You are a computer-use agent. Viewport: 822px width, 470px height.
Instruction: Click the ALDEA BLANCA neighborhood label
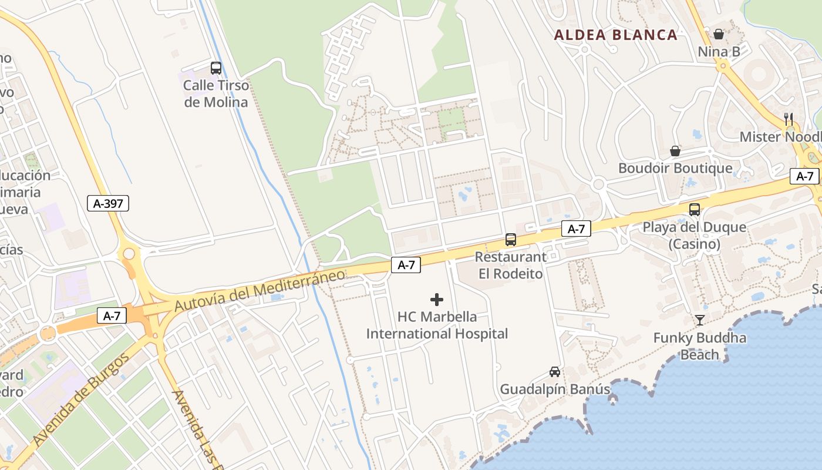616,35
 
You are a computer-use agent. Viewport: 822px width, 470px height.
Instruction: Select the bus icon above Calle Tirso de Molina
216,68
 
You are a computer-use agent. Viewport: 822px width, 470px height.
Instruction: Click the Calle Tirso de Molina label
216,93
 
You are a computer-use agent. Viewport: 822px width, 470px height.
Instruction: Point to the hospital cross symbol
437,300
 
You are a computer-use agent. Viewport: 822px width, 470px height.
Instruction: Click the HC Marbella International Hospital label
437,325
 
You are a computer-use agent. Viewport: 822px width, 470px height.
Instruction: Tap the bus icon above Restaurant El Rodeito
511,240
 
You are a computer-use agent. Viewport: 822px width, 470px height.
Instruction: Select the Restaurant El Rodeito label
510,265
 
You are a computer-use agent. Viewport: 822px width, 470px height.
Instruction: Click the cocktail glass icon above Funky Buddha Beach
700,320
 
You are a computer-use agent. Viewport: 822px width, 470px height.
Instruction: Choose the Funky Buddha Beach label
700,346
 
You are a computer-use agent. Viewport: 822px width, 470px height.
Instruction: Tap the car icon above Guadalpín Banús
555,371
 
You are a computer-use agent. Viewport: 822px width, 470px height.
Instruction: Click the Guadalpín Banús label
555,389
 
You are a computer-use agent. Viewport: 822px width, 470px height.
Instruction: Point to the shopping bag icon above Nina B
719,34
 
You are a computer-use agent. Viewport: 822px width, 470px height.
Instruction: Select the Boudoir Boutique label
675,169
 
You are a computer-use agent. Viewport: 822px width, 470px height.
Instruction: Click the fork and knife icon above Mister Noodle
789,119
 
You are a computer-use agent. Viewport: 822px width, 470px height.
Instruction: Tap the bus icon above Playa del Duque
695,209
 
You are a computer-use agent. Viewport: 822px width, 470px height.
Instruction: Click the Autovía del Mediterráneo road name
260,291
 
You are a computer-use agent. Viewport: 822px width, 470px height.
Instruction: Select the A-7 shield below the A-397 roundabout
112,315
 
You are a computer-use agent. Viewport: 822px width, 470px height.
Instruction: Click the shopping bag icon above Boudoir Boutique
676,151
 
